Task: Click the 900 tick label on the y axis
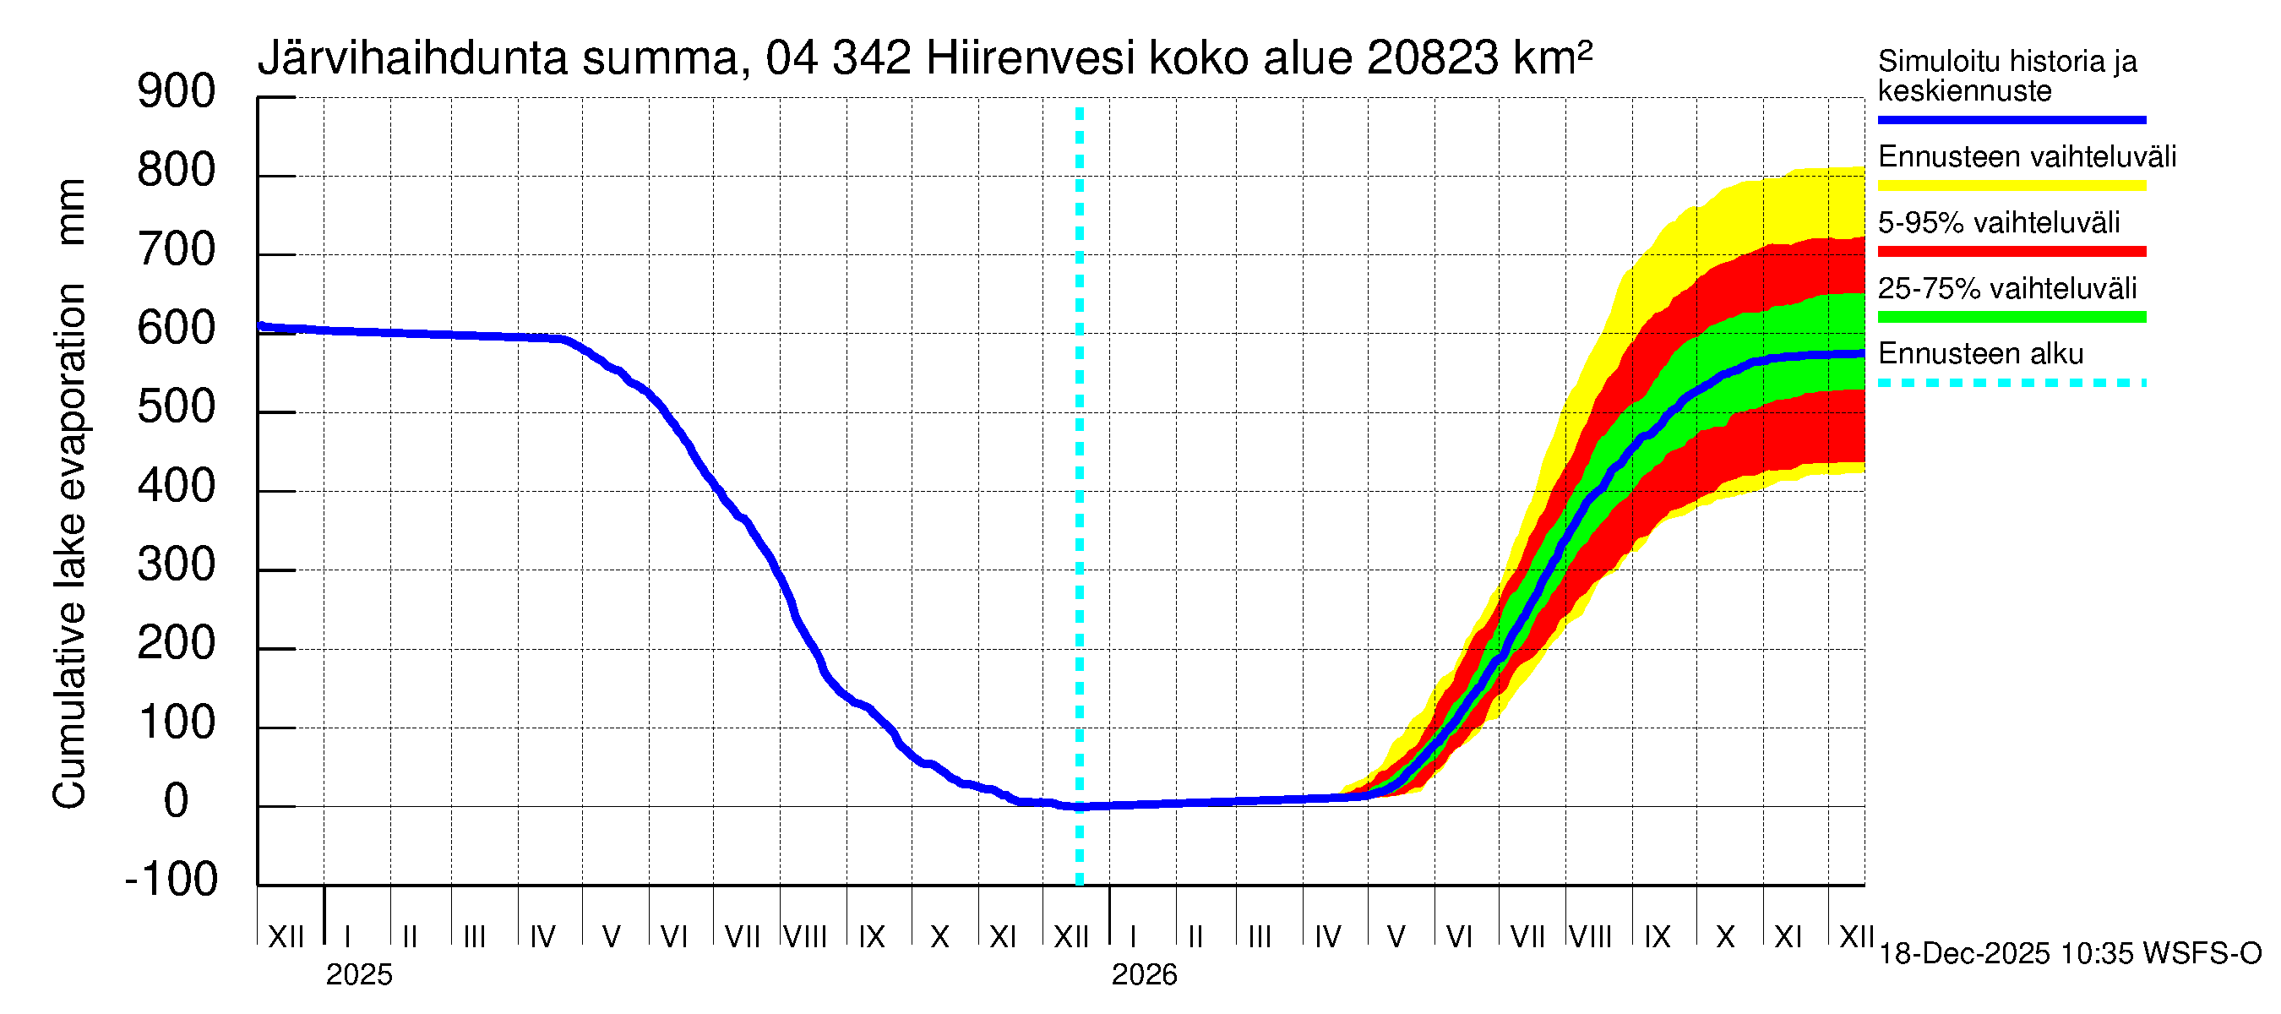point(177,92)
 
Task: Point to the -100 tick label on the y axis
point(171,880)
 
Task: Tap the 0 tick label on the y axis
point(177,801)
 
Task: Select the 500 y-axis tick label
point(177,407)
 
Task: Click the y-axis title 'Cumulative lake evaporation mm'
point(70,494)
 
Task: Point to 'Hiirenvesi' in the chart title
point(1030,58)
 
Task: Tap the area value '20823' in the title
point(1433,58)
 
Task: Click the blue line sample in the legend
point(2011,119)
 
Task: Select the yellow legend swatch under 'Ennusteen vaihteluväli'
point(2011,186)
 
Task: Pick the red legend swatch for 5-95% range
point(2011,252)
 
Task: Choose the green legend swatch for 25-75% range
point(2011,317)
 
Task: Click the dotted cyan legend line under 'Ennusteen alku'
point(2011,384)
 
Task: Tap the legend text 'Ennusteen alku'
point(1981,354)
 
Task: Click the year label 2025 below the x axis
point(358,975)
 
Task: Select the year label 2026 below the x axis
point(1144,975)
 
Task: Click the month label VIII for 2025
point(806,937)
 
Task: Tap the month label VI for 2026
point(1458,937)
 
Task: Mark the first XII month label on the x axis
point(286,937)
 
